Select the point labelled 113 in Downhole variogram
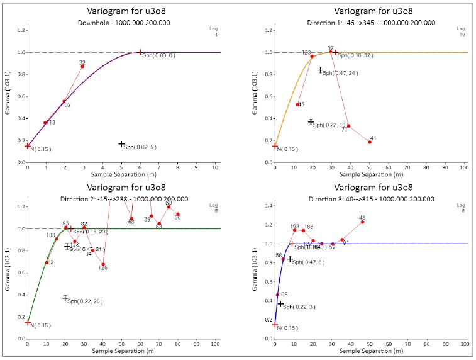point(45,123)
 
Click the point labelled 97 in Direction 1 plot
point(331,52)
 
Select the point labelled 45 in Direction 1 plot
point(297,104)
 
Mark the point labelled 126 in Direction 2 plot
point(103,264)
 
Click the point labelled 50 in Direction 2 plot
point(178,214)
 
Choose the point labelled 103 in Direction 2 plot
point(57,239)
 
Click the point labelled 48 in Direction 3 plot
point(362,222)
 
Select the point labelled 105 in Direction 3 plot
point(277,295)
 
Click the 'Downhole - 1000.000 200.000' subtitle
point(118,23)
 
